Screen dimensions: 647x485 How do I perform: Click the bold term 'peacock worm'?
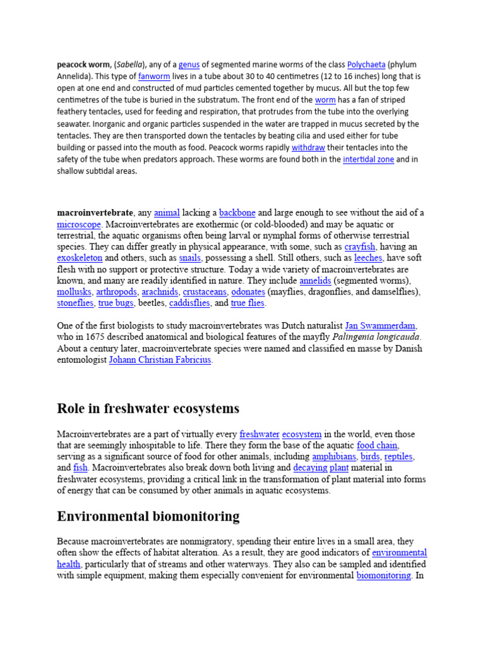click(84, 64)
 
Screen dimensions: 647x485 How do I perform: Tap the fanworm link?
click(154, 76)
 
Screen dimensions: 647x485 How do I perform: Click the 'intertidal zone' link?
click(368, 159)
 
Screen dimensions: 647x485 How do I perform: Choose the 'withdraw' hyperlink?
click(308, 147)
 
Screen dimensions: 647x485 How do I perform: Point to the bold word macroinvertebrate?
click(95, 213)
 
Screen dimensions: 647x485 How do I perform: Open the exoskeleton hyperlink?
click(80, 258)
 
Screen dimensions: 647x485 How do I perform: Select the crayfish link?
click(360, 246)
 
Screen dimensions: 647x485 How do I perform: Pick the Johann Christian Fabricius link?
click(160, 360)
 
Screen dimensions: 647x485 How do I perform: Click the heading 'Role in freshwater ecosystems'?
click(148, 408)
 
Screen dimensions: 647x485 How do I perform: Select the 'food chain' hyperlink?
click(378, 445)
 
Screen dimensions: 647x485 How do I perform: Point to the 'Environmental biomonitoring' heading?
click(148, 516)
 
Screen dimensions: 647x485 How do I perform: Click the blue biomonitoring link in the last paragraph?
click(383, 576)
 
